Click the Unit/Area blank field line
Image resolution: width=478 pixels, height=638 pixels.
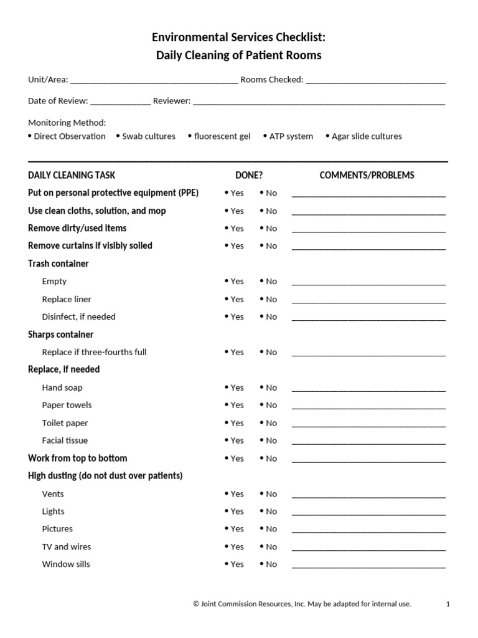tap(154, 81)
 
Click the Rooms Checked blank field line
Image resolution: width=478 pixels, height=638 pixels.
tap(375, 81)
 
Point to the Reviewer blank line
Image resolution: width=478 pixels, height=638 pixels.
tap(319, 102)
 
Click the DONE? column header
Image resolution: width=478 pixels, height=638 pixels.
tap(249, 175)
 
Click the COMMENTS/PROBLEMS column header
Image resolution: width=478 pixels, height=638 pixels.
tap(367, 175)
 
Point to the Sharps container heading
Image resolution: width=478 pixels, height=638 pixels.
tap(61, 335)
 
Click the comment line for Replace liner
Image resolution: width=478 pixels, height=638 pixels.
tap(368, 301)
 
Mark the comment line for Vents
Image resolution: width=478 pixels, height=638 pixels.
tap(368, 496)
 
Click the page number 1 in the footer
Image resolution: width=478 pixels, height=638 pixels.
tap(448, 604)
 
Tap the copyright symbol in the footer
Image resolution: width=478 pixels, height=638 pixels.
tap(196, 604)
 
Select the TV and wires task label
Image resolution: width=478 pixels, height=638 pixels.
tap(67, 546)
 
